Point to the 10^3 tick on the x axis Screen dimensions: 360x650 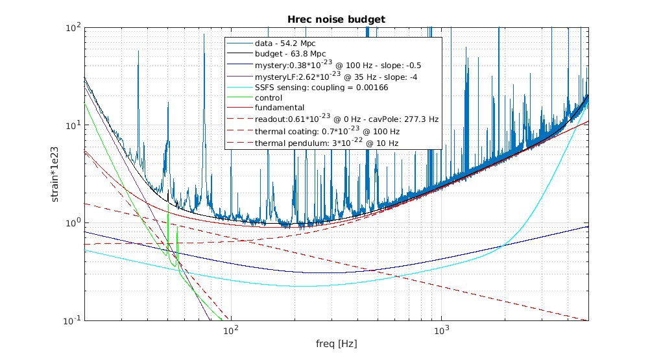tap(441, 330)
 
